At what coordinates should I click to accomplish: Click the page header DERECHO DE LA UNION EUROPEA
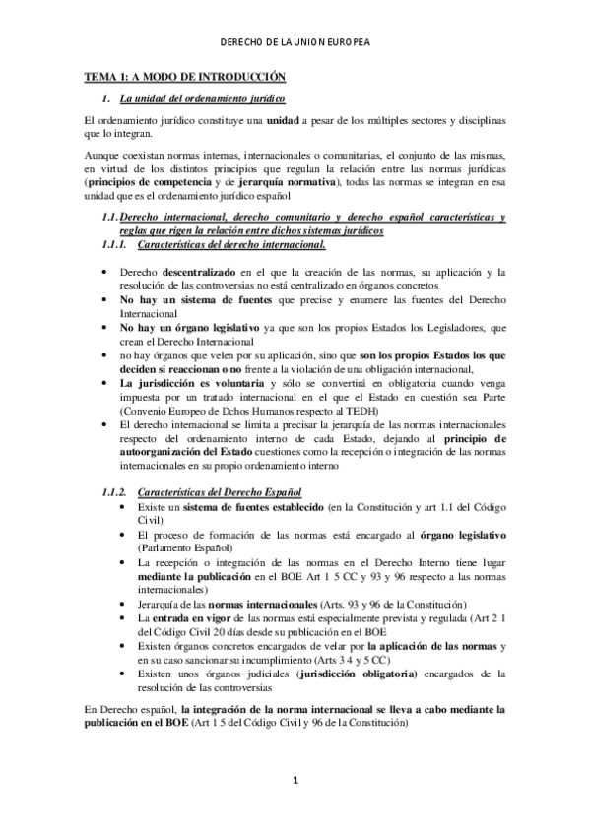(x=295, y=42)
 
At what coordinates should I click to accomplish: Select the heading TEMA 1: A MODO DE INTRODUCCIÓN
(x=184, y=76)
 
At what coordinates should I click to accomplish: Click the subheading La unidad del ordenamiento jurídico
(x=202, y=98)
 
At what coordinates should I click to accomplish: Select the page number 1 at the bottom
(x=295, y=808)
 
